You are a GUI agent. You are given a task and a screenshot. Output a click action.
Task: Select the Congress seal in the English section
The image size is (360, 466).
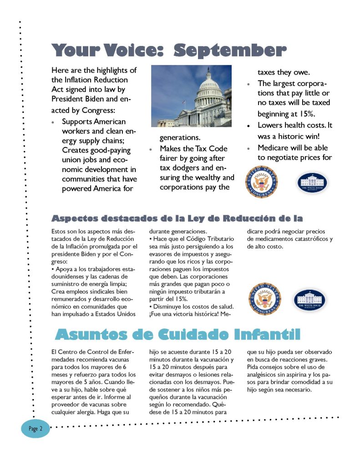(261, 182)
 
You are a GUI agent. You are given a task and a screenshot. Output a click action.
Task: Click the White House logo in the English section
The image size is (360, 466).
(312, 182)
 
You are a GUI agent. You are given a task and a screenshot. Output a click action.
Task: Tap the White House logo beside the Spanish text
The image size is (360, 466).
(309, 300)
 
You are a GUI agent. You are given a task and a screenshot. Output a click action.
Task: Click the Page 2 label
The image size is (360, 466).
(35, 429)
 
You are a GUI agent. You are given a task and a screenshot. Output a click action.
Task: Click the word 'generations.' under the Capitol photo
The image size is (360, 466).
(180, 137)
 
